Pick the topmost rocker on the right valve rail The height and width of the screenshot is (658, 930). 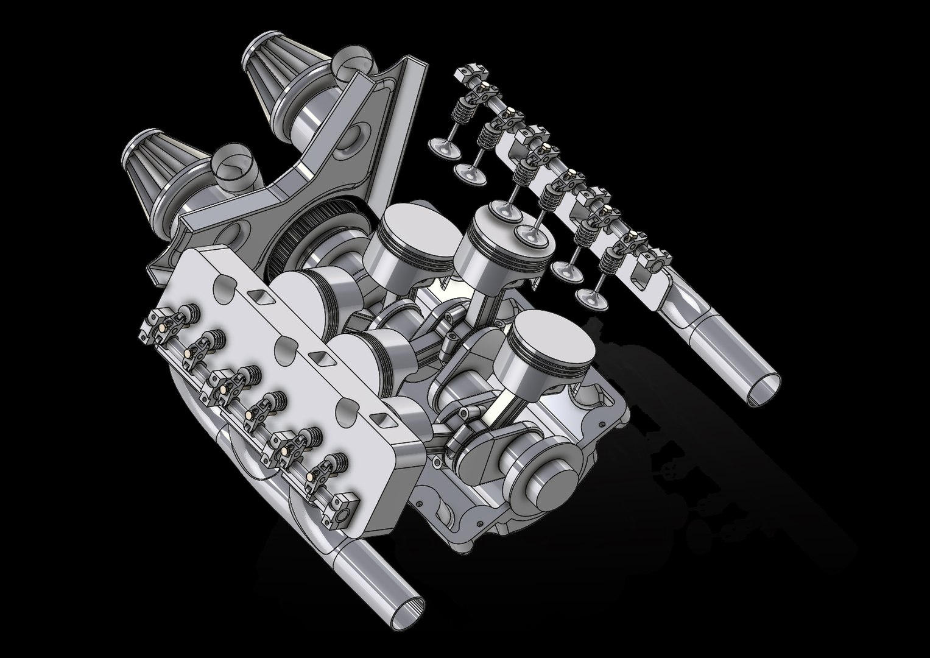point(472,76)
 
